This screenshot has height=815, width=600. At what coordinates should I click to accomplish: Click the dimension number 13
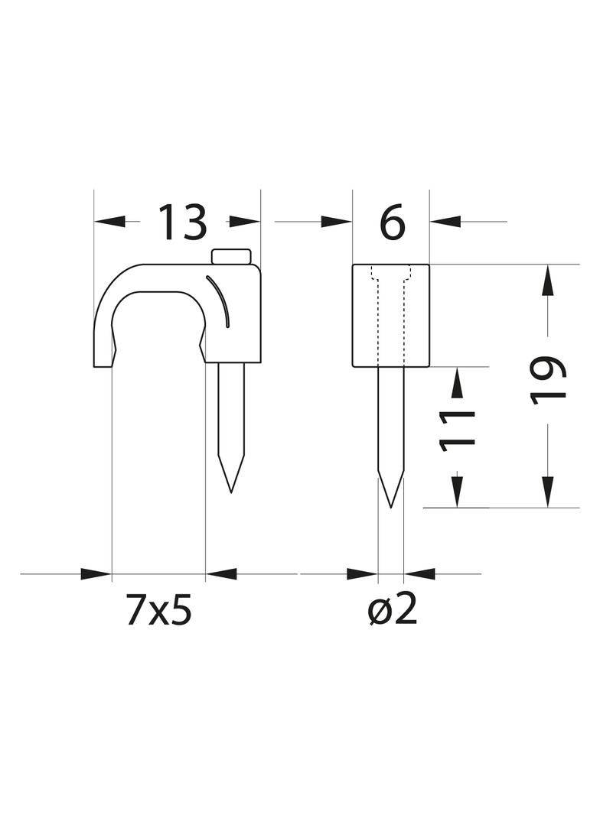(182, 222)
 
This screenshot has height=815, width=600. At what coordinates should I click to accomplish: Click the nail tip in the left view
(230, 492)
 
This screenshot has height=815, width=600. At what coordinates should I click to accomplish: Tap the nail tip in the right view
(391, 506)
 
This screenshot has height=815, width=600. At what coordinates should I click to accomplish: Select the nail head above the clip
(231, 257)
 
